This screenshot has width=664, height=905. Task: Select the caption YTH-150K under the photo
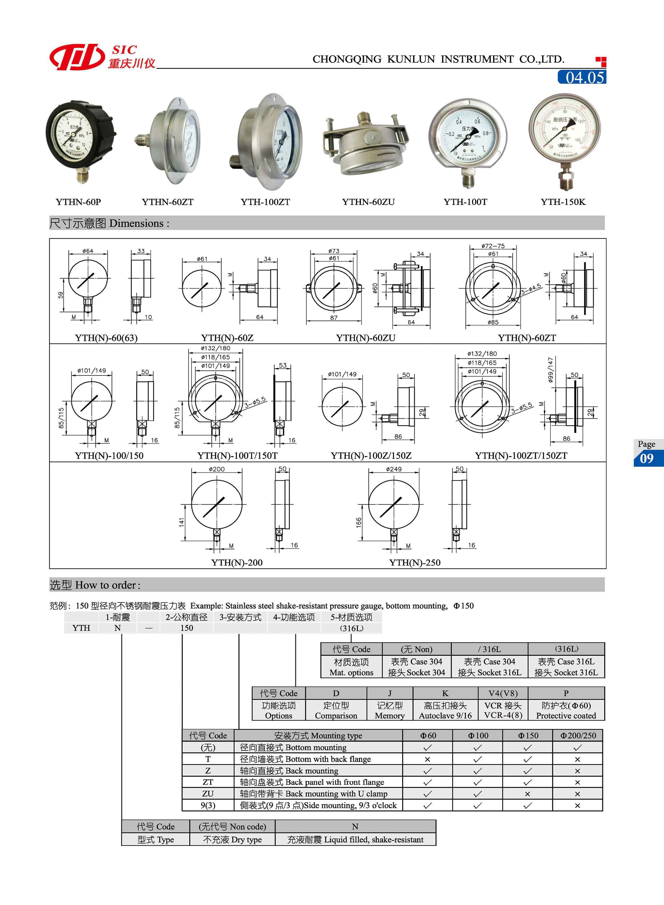point(563,202)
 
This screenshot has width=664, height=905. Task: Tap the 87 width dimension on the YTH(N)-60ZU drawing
point(334,318)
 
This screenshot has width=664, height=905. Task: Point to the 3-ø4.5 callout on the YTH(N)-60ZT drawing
point(531,289)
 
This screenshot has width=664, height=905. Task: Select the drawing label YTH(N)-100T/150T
point(237,456)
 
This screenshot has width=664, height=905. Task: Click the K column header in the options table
point(445,693)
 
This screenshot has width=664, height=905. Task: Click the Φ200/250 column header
point(578,735)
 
